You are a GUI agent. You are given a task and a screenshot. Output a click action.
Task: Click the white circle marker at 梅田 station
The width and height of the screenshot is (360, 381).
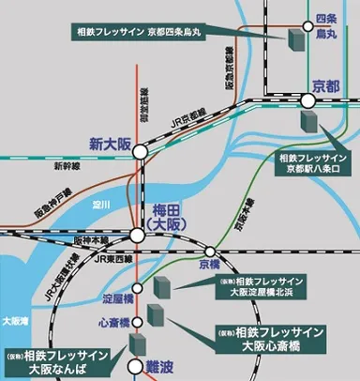pyautogui.click(x=139, y=235)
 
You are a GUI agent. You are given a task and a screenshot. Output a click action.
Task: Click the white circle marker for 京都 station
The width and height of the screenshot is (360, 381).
pyautogui.click(x=309, y=99)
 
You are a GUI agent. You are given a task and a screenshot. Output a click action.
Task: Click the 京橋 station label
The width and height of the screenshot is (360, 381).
pyautogui.click(x=208, y=267)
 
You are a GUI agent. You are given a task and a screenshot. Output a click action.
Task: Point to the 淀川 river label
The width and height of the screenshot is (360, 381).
pyautogui.click(x=102, y=202)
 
